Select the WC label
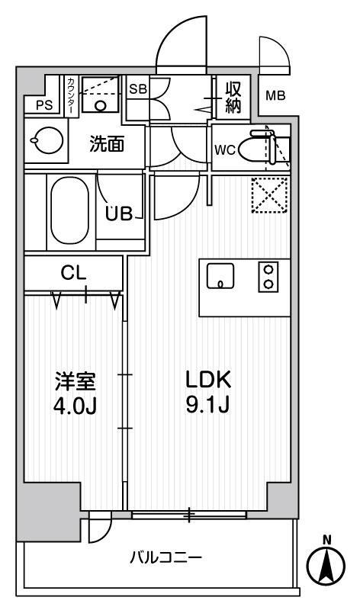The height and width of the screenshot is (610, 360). tap(223, 149)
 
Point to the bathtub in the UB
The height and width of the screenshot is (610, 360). tap(71, 210)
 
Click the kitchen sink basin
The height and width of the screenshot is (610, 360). tap(220, 278)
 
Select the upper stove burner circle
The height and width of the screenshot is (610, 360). tap(268, 270)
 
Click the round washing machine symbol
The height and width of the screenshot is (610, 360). tap(40, 140)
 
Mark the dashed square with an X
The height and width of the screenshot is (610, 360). tap(269, 194)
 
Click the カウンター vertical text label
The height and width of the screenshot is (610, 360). tap(70, 95)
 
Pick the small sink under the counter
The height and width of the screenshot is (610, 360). tap(101, 105)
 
